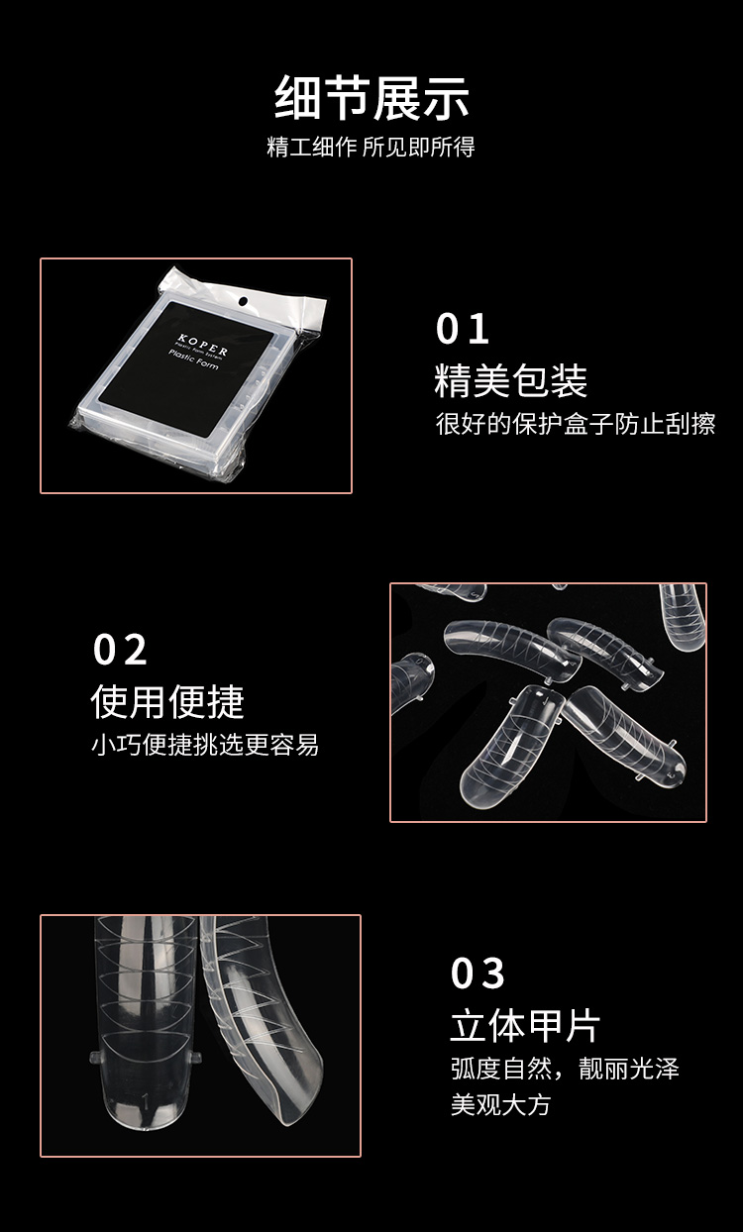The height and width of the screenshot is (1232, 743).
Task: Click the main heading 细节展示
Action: [x=371, y=98]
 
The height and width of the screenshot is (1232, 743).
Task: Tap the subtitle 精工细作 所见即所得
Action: [x=371, y=148]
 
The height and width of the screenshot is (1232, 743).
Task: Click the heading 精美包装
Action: [x=511, y=380]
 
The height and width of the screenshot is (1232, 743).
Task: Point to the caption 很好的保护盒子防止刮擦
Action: [x=576, y=424]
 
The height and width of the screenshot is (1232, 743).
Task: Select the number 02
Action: [x=120, y=651]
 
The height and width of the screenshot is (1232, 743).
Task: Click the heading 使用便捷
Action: [x=167, y=701]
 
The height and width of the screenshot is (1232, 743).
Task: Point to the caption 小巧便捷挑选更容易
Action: [x=205, y=745]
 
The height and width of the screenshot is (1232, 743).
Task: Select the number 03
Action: [x=478, y=974]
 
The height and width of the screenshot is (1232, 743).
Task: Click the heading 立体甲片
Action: [x=525, y=1026]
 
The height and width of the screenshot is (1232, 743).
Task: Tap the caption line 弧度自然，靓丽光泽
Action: [x=565, y=1070]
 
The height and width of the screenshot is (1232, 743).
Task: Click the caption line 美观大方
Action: [x=500, y=1104]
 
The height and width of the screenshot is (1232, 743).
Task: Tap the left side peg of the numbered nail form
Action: [x=93, y=1058]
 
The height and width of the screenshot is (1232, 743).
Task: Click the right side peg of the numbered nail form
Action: [x=197, y=1057]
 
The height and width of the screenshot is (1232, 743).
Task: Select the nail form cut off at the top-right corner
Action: [x=683, y=614]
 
